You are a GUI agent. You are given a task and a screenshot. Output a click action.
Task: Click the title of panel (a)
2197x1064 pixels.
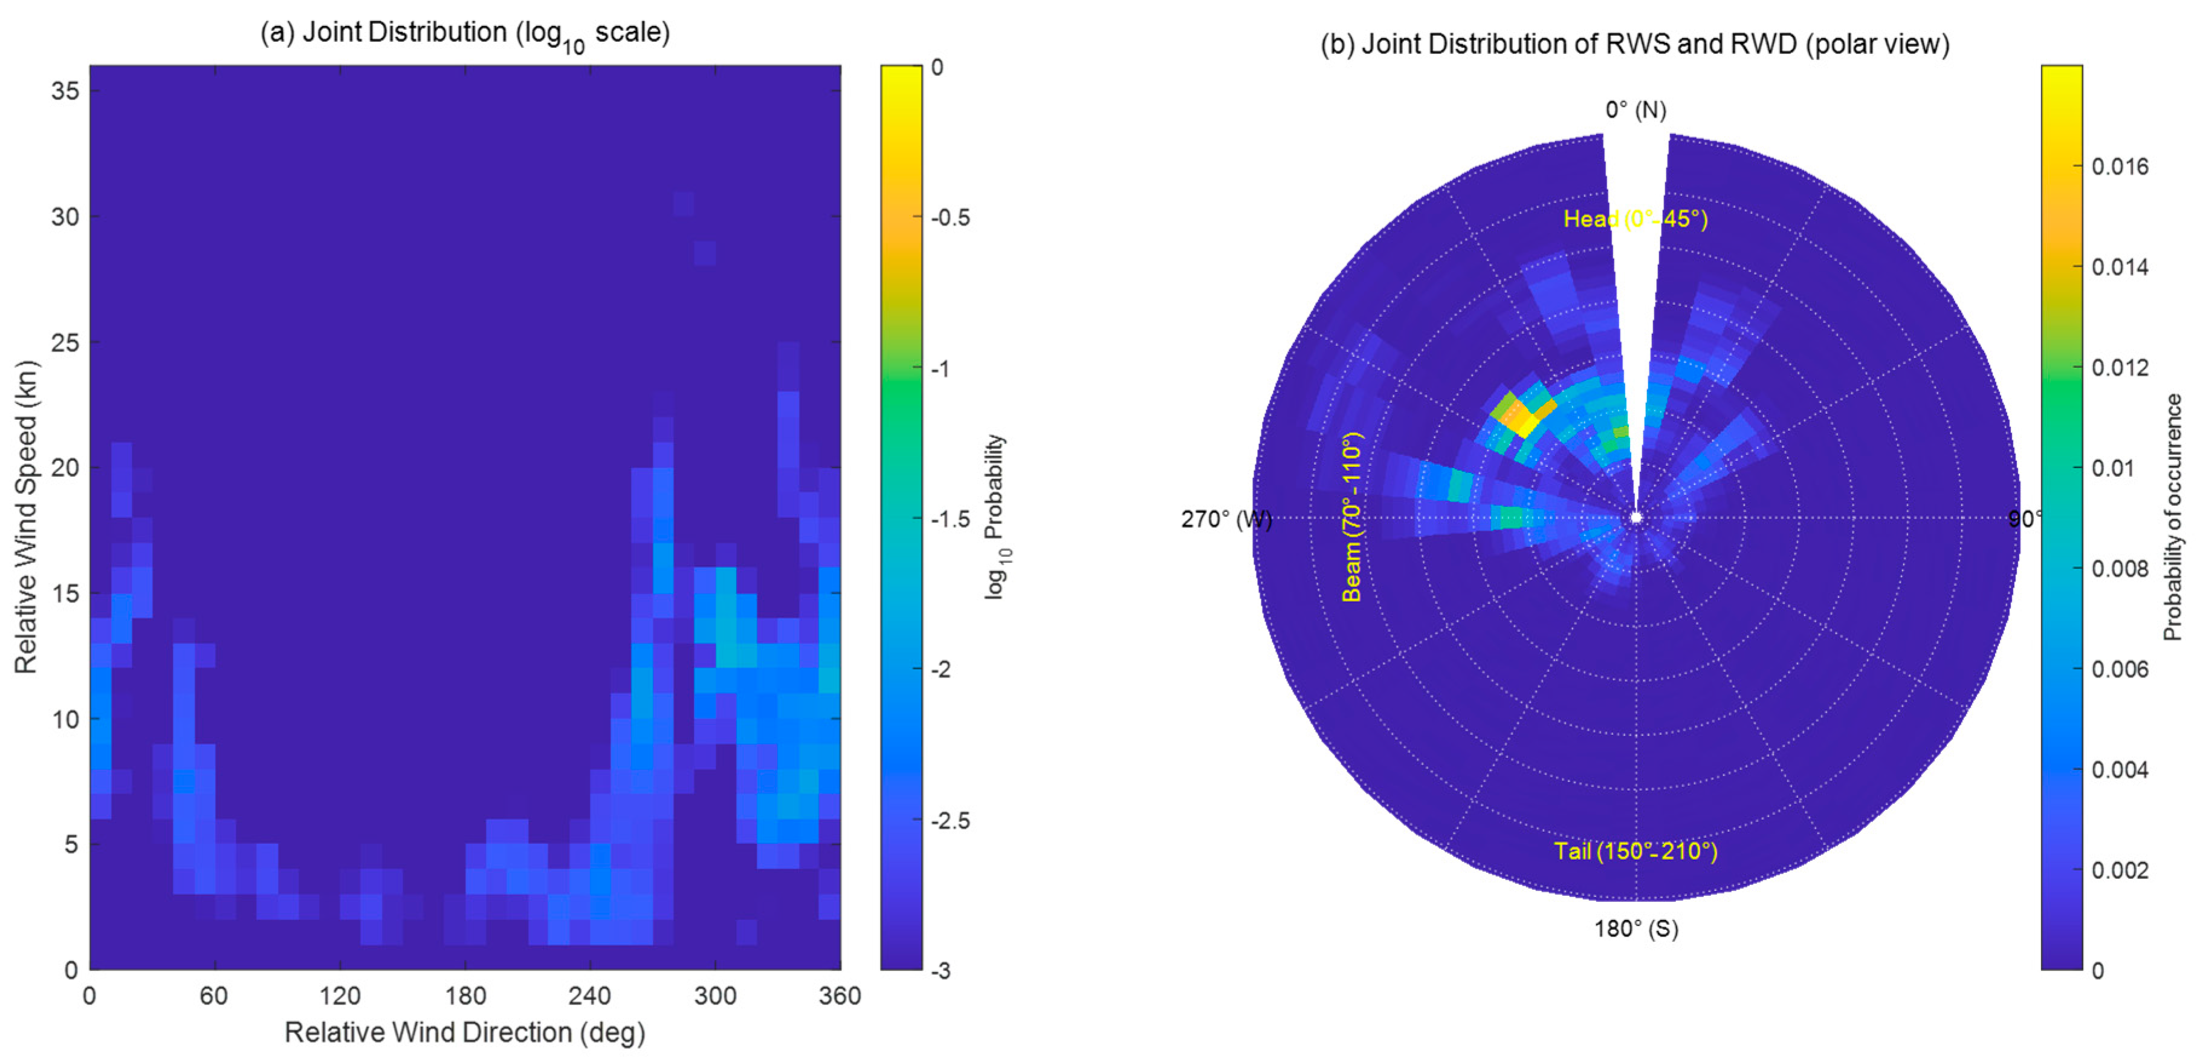pyautogui.click(x=465, y=33)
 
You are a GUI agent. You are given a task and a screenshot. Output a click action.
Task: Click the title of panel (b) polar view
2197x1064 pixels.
pyautogui.click(x=1634, y=44)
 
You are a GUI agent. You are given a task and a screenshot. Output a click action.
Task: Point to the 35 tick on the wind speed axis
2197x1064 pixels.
pyautogui.click(x=65, y=91)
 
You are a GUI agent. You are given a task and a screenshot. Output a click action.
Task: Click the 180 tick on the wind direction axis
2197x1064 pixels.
pyautogui.click(x=465, y=996)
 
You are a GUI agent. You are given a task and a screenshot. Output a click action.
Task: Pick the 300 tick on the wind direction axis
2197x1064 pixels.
pyautogui.click(x=715, y=996)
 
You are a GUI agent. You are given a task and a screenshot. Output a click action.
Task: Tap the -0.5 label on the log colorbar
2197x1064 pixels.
pyautogui.click(x=950, y=218)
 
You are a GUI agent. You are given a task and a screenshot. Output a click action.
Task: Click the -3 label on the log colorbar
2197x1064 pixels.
pyautogui.click(x=940, y=970)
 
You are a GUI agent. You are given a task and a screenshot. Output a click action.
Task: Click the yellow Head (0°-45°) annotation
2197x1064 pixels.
pyautogui.click(x=1635, y=220)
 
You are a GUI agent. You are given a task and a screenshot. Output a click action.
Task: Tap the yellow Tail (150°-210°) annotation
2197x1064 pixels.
pyautogui.click(x=1635, y=850)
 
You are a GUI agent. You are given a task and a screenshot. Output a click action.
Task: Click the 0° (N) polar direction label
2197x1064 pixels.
pyautogui.click(x=1635, y=110)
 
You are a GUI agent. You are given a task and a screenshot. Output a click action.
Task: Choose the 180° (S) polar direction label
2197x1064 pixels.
pyautogui.click(x=1636, y=929)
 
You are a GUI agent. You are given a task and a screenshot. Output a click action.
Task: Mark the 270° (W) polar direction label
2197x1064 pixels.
pyautogui.click(x=1226, y=519)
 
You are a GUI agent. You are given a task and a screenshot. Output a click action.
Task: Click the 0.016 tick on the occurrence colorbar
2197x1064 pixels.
pyautogui.click(x=2120, y=166)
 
